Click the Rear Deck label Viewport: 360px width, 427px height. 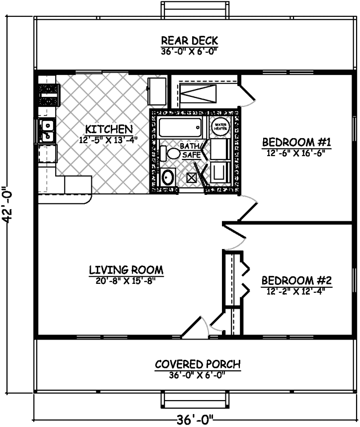click(189, 41)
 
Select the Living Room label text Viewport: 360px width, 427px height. click(126, 270)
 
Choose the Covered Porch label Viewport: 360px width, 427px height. click(198, 364)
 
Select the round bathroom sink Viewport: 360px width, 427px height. click(168, 176)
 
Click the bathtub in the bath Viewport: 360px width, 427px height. click(180, 128)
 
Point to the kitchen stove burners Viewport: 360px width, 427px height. click(49, 95)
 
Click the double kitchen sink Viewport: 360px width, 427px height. click(48, 130)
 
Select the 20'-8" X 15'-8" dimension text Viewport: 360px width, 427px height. click(126, 280)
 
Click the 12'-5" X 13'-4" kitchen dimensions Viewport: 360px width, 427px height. click(108, 140)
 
